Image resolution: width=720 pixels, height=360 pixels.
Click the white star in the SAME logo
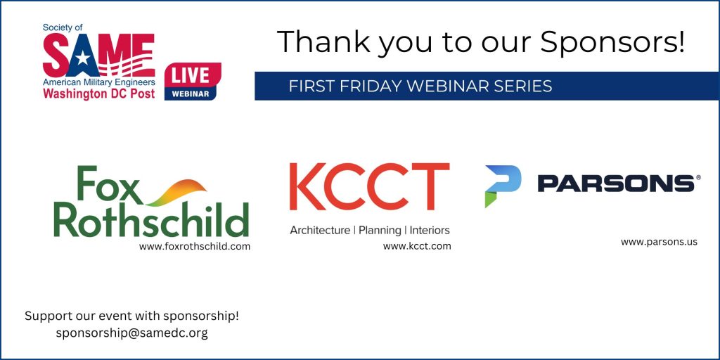[83, 58]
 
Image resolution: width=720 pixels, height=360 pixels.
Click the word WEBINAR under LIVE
[190, 94]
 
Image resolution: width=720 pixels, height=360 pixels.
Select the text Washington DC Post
[98, 94]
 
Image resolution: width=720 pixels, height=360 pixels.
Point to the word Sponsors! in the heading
[612, 42]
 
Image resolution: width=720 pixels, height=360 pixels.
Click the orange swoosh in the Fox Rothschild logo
[176, 193]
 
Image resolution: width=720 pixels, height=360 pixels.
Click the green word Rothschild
[151, 219]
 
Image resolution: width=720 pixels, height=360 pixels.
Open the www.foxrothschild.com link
[195, 247]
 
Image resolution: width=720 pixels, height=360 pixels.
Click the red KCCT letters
[370, 186]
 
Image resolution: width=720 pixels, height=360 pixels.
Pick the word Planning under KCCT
[379, 230]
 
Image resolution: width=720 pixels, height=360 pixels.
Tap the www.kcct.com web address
[417, 246]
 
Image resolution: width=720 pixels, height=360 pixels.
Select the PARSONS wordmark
[616, 184]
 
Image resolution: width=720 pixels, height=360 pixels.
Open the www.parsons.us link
[659, 242]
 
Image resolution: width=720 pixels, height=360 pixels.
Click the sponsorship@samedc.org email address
[131, 333]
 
